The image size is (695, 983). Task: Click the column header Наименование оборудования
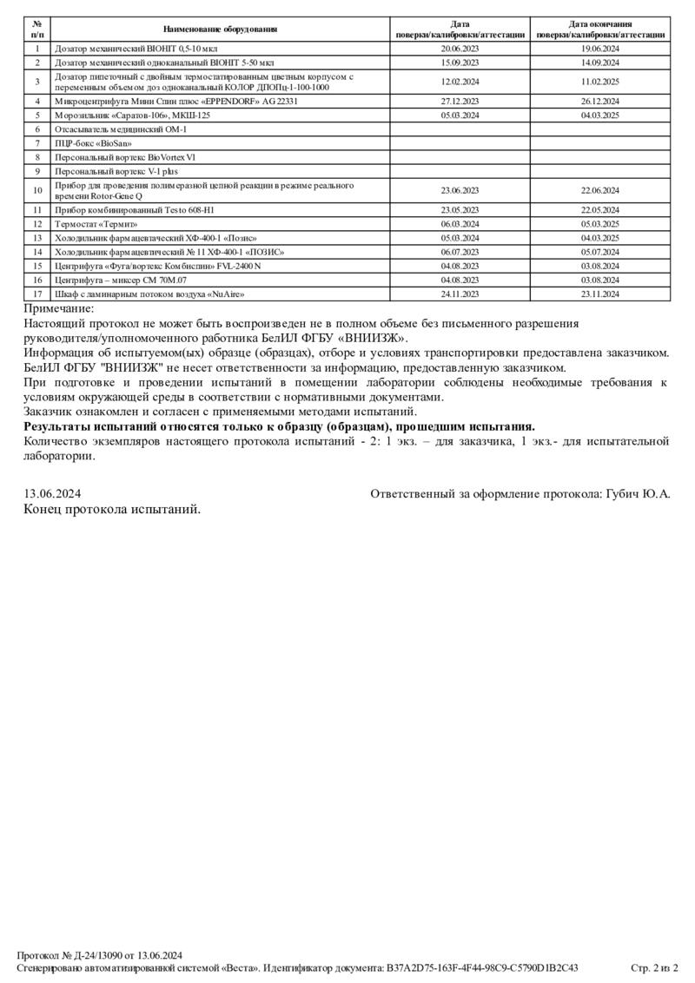click(220, 30)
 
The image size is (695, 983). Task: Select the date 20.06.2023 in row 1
click(460, 49)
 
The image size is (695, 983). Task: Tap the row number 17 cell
click(37, 294)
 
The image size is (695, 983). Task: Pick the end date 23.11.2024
click(600, 294)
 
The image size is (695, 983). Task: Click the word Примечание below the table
click(59, 308)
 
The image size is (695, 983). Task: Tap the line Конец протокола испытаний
click(112, 509)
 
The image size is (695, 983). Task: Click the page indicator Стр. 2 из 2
click(653, 967)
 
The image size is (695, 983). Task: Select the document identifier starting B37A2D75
click(482, 967)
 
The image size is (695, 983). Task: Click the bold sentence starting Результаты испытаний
click(279, 426)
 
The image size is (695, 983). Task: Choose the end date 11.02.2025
click(600, 82)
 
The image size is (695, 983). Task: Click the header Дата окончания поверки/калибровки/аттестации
click(600, 30)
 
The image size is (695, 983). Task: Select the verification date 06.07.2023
click(460, 252)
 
